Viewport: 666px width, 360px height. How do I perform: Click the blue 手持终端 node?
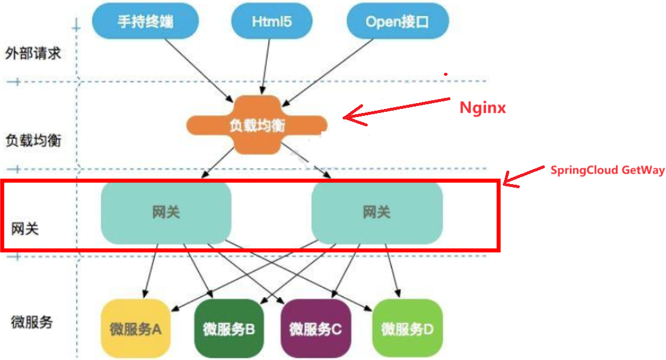point(146,22)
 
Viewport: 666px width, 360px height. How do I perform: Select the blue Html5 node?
point(272,22)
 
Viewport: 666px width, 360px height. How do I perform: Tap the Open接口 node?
point(398,22)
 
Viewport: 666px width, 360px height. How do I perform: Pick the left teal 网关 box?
point(166,213)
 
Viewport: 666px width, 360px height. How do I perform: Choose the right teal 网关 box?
point(377,213)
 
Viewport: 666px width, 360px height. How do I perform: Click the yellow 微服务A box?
point(135,329)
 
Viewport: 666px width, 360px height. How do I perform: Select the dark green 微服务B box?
point(229,329)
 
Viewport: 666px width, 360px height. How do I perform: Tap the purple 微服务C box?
point(315,329)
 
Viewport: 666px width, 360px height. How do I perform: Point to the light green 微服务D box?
point(407,329)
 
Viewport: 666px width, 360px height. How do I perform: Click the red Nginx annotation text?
point(482,108)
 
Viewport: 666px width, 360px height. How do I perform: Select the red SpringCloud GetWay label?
point(607,170)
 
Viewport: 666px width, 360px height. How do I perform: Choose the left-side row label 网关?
point(26,228)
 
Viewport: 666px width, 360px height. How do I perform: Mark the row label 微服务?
point(32,321)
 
